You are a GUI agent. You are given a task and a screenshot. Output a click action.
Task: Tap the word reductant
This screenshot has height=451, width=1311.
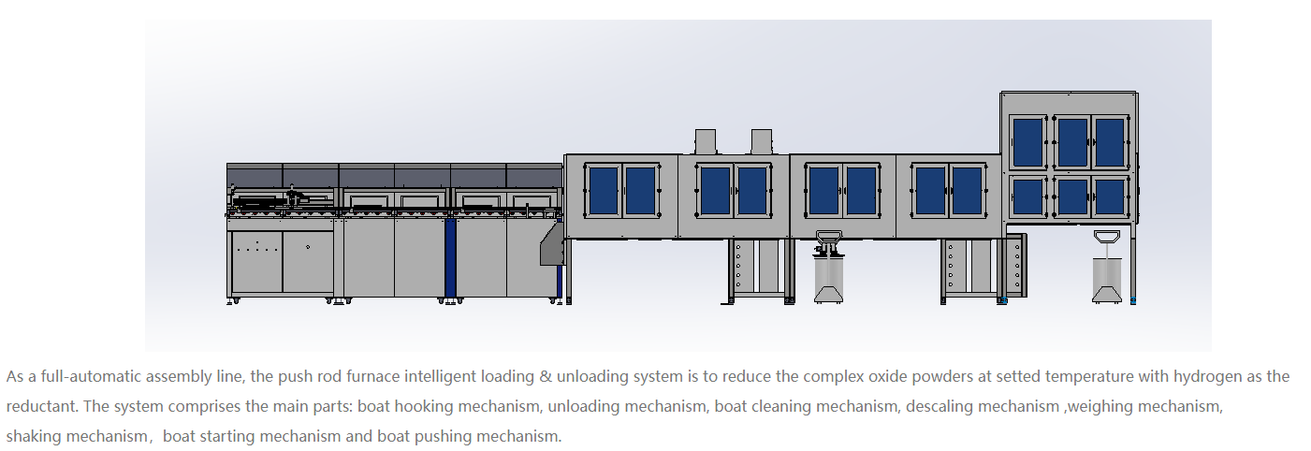(41, 406)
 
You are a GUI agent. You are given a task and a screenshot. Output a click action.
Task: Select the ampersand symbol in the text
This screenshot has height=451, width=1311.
(546, 376)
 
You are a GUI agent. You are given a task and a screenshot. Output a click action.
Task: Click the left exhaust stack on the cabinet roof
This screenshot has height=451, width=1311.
(706, 141)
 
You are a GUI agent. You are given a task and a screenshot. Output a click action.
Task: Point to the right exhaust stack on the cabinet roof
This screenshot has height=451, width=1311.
(762, 141)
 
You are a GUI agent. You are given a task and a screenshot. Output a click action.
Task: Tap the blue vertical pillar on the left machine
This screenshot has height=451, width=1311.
(450, 257)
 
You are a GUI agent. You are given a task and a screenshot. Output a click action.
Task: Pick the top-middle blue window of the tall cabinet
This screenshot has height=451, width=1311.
(1072, 143)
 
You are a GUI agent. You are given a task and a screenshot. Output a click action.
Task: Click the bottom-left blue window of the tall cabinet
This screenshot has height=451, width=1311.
(1028, 196)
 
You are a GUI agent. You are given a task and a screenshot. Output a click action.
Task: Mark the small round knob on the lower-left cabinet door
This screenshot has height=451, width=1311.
(308, 247)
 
